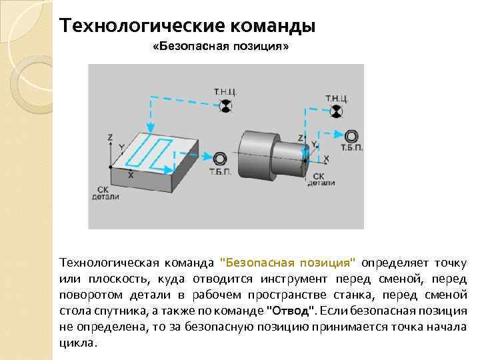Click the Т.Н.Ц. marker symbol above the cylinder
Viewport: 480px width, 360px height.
point(338,113)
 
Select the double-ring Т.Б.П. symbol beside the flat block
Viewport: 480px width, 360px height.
point(220,157)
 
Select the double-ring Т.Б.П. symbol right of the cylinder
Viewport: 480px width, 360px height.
point(351,136)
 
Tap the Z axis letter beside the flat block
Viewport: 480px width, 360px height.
point(110,137)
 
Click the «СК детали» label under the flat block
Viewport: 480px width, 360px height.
point(105,193)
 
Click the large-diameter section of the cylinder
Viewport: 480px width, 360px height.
point(257,153)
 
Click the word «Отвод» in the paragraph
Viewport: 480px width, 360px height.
point(289,311)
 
